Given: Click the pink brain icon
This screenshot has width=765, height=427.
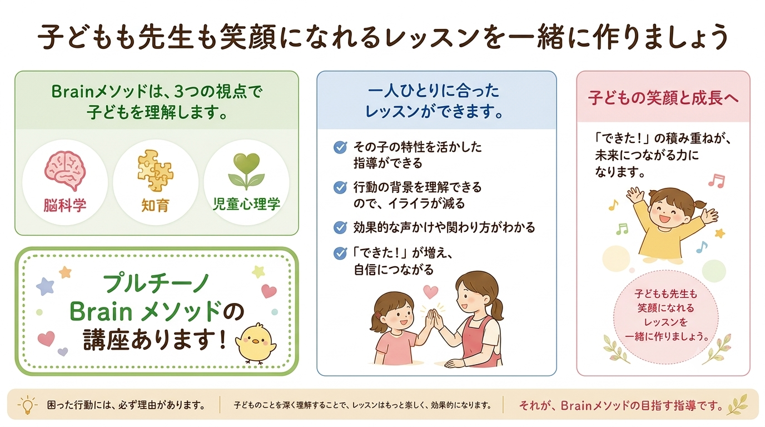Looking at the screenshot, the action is [x=65, y=171].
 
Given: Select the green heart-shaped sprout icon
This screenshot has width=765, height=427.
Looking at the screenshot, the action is [x=246, y=171].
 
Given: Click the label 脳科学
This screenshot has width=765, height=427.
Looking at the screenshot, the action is [x=65, y=205].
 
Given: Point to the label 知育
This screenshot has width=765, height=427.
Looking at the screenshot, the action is [x=156, y=205].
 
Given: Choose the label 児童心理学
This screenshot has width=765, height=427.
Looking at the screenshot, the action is [x=246, y=204].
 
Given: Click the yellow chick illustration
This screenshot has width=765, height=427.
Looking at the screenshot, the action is [x=256, y=343].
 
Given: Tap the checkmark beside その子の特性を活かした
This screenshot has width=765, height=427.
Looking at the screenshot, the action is [x=340, y=147].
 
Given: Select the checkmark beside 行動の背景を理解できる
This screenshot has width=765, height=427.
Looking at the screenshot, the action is [x=340, y=187].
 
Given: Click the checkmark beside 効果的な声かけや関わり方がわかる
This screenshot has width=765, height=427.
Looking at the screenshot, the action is [x=340, y=227].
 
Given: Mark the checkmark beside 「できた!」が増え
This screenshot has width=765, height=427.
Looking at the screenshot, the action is [x=340, y=253].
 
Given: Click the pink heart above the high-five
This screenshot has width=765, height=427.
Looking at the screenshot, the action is [x=430, y=292].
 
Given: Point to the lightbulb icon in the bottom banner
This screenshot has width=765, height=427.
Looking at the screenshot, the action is [x=27, y=405].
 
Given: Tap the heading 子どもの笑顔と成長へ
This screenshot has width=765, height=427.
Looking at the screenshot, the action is [x=663, y=98].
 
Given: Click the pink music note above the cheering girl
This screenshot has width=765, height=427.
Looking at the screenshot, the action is [x=717, y=181].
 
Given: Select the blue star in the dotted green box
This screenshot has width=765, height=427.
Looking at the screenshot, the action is [x=45, y=286].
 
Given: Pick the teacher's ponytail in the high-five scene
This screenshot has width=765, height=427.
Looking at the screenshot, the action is [x=496, y=310].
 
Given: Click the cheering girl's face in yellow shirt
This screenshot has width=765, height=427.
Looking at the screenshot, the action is [x=665, y=211].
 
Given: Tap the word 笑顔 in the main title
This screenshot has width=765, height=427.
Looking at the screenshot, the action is [x=247, y=36].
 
